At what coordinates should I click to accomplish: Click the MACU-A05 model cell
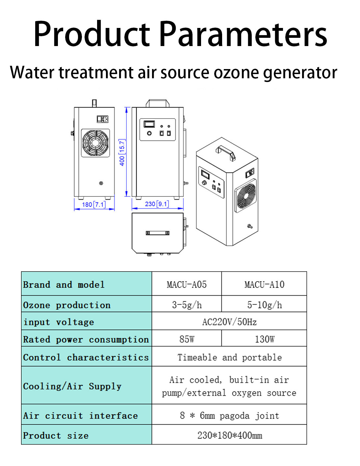click(x=187, y=284)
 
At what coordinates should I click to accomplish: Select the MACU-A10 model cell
click(x=264, y=284)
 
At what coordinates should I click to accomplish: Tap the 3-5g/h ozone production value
click(x=187, y=305)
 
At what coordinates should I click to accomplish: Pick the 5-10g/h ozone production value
click(x=264, y=305)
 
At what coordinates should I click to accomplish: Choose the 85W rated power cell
click(x=187, y=339)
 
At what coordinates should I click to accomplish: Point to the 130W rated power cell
click(x=264, y=339)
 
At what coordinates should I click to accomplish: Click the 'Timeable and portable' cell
click(x=229, y=357)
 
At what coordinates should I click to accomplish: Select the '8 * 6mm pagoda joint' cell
click(x=229, y=415)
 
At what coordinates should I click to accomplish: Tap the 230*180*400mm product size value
click(x=229, y=435)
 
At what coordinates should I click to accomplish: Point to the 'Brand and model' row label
click(x=64, y=284)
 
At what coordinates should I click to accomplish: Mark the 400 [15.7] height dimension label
click(x=122, y=153)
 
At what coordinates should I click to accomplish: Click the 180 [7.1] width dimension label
click(x=94, y=204)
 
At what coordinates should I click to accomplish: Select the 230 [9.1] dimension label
click(x=157, y=204)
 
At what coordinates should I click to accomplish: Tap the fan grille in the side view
click(x=95, y=143)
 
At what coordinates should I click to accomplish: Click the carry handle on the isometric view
click(x=226, y=153)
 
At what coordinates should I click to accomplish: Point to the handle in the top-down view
click(x=158, y=233)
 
